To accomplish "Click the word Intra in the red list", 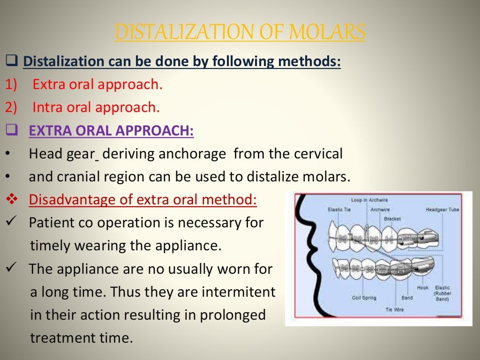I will pos(48,107).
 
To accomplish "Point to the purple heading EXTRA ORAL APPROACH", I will pos(111,130).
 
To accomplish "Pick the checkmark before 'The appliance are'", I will pos(12,269).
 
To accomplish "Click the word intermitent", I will pos(239,292).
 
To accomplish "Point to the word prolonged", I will pos(233,315).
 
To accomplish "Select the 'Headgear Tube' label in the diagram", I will pos(442,210).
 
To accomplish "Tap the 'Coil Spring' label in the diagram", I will pos(364,298).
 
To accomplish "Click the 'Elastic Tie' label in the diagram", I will pos(338,210).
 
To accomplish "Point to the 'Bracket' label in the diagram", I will pos(392,218).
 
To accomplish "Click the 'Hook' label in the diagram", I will pos(422,288).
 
